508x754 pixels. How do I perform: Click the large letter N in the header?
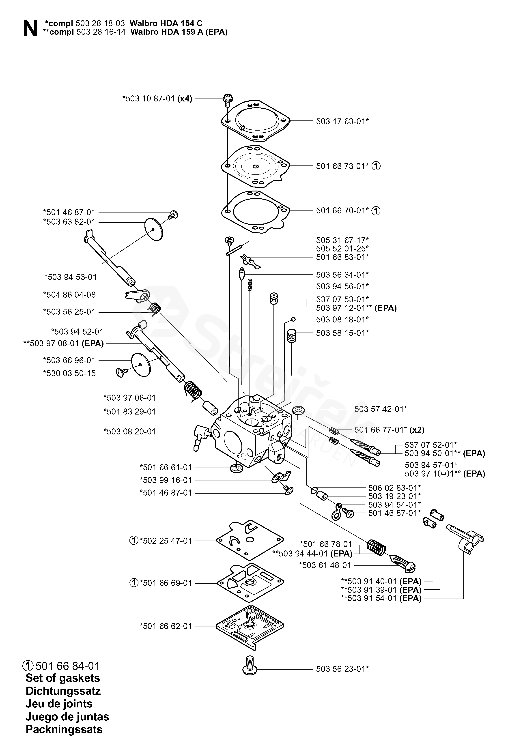(x=30, y=29)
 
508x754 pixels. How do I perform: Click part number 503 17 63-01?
(x=342, y=121)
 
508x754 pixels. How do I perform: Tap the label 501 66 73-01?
(x=342, y=166)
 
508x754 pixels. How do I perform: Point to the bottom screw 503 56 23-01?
(x=250, y=668)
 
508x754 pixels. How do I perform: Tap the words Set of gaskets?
(x=62, y=678)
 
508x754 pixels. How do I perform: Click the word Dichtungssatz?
(x=63, y=691)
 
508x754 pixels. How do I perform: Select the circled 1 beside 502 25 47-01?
(x=133, y=541)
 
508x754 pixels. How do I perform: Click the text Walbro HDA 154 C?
(x=166, y=23)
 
